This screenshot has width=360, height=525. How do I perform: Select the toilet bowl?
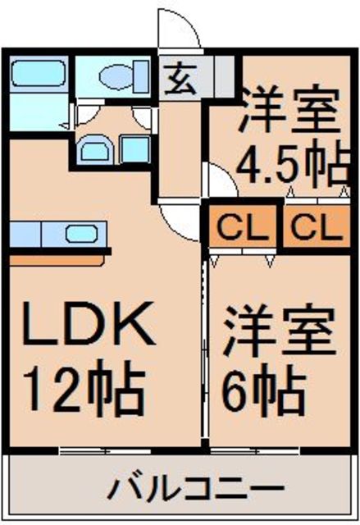point(116,78)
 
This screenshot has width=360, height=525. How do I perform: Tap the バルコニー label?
point(185,491)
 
